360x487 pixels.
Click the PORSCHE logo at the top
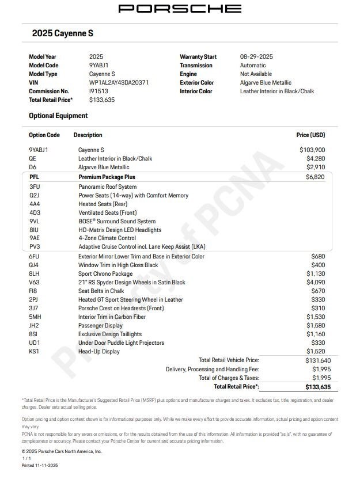coord(180,9)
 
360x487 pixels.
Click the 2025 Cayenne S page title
coord(62,33)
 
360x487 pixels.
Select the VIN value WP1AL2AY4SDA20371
coord(119,82)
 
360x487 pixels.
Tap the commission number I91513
coord(98,91)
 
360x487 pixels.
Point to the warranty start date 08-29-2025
coord(256,56)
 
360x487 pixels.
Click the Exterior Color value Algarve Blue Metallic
coord(266,82)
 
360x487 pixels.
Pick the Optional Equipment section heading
coord(58,116)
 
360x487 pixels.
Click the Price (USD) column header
coord(310,135)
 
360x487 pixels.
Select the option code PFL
coord(34,177)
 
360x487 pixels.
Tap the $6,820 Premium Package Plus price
coord(315,177)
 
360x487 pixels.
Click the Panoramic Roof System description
coord(108,187)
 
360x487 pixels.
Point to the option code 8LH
coord(35,274)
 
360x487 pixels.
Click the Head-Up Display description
coord(99,352)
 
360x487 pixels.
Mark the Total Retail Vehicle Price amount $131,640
coord(314,360)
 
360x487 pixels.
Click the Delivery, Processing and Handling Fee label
coord(212,369)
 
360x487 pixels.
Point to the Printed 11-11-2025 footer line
coord(40,465)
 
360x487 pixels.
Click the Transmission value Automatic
coord(253,65)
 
